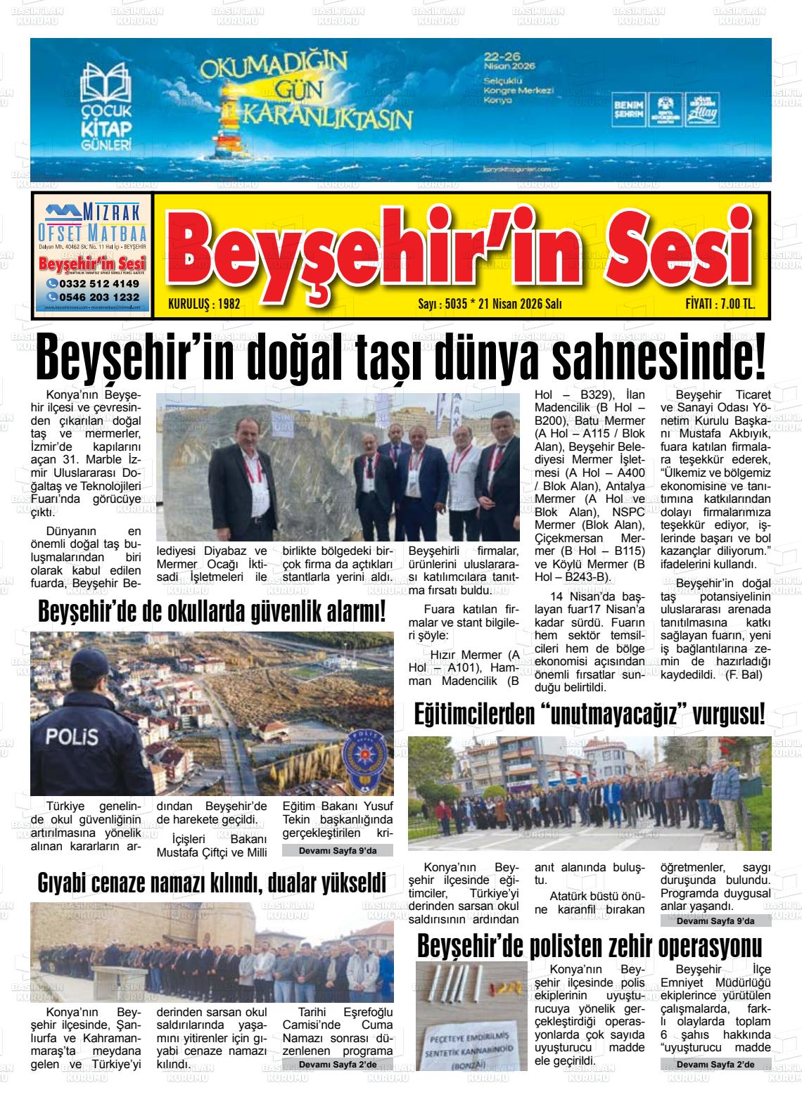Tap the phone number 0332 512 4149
click(93, 283)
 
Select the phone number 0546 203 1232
click(93, 297)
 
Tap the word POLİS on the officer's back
click(71, 738)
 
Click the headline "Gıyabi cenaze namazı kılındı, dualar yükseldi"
click(212, 883)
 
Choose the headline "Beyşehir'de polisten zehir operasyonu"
click(590, 946)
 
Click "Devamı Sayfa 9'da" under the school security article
click(338, 851)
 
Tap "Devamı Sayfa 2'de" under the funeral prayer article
click(338, 1065)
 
